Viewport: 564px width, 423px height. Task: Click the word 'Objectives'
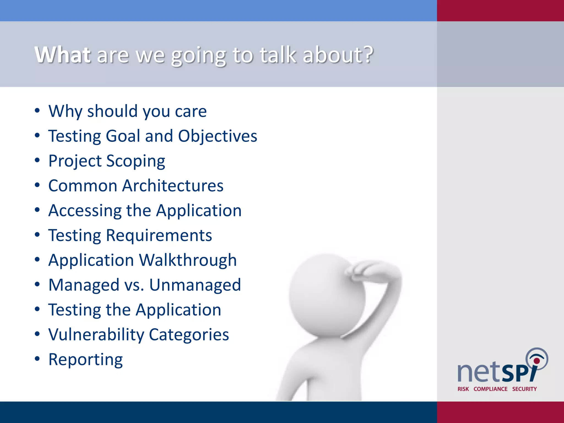tap(218, 136)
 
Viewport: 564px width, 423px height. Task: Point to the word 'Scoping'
tap(136, 161)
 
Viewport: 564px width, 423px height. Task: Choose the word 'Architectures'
tap(173, 186)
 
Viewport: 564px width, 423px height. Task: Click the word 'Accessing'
tap(85, 211)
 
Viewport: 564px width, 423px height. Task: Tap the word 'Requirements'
tap(159, 236)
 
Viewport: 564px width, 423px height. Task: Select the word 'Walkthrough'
tap(188, 261)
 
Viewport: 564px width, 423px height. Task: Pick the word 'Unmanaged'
tap(195, 285)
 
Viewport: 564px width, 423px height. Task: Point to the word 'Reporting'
tap(85, 360)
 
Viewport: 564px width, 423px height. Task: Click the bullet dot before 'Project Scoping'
tap(37, 160)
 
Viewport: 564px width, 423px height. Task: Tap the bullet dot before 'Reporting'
tap(37, 359)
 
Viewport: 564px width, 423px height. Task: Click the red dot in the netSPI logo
tap(536, 361)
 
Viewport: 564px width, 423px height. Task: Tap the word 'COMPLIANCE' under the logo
tap(490, 389)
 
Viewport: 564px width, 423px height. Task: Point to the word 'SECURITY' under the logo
tap(524, 389)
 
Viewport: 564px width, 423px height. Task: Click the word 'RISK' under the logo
tap(463, 389)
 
